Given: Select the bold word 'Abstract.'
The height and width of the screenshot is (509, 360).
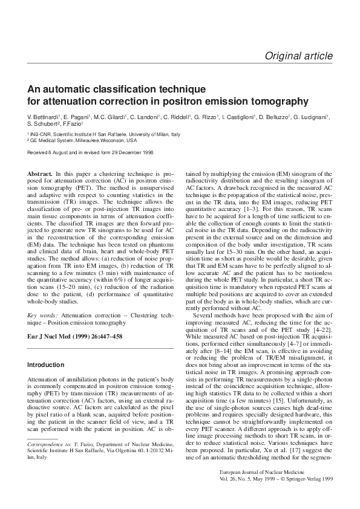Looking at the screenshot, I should coord(40,173).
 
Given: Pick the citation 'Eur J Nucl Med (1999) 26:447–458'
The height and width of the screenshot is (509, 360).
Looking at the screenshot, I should coord(76,336).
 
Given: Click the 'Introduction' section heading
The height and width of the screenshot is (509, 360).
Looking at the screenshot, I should coord(45,365).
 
